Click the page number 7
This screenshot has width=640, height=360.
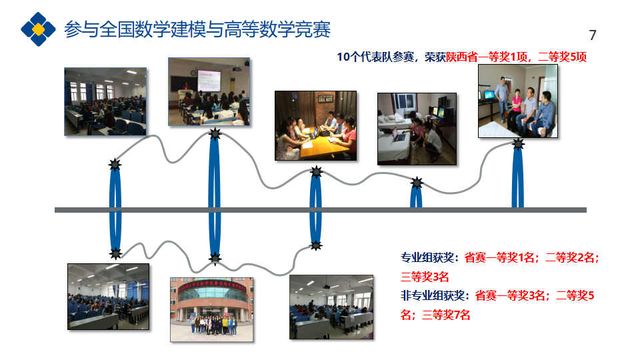(x=593, y=35)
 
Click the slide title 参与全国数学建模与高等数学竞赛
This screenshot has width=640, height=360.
(x=197, y=29)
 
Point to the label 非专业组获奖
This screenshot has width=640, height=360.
(x=434, y=295)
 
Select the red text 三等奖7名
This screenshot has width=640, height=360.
(x=446, y=314)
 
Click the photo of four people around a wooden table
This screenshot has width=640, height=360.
(x=315, y=125)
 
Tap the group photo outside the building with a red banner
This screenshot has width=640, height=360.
(x=211, y=309)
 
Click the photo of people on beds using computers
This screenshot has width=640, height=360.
(x=417, y=129)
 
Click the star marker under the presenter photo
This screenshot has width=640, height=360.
(x=215, y=135)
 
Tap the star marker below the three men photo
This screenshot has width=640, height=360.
(x=518, y=144)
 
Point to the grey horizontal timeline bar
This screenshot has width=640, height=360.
(x=320, y=210)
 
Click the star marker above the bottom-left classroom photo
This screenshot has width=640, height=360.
(x=115, y=253)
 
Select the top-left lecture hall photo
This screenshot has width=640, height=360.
(x=105, y=101)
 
